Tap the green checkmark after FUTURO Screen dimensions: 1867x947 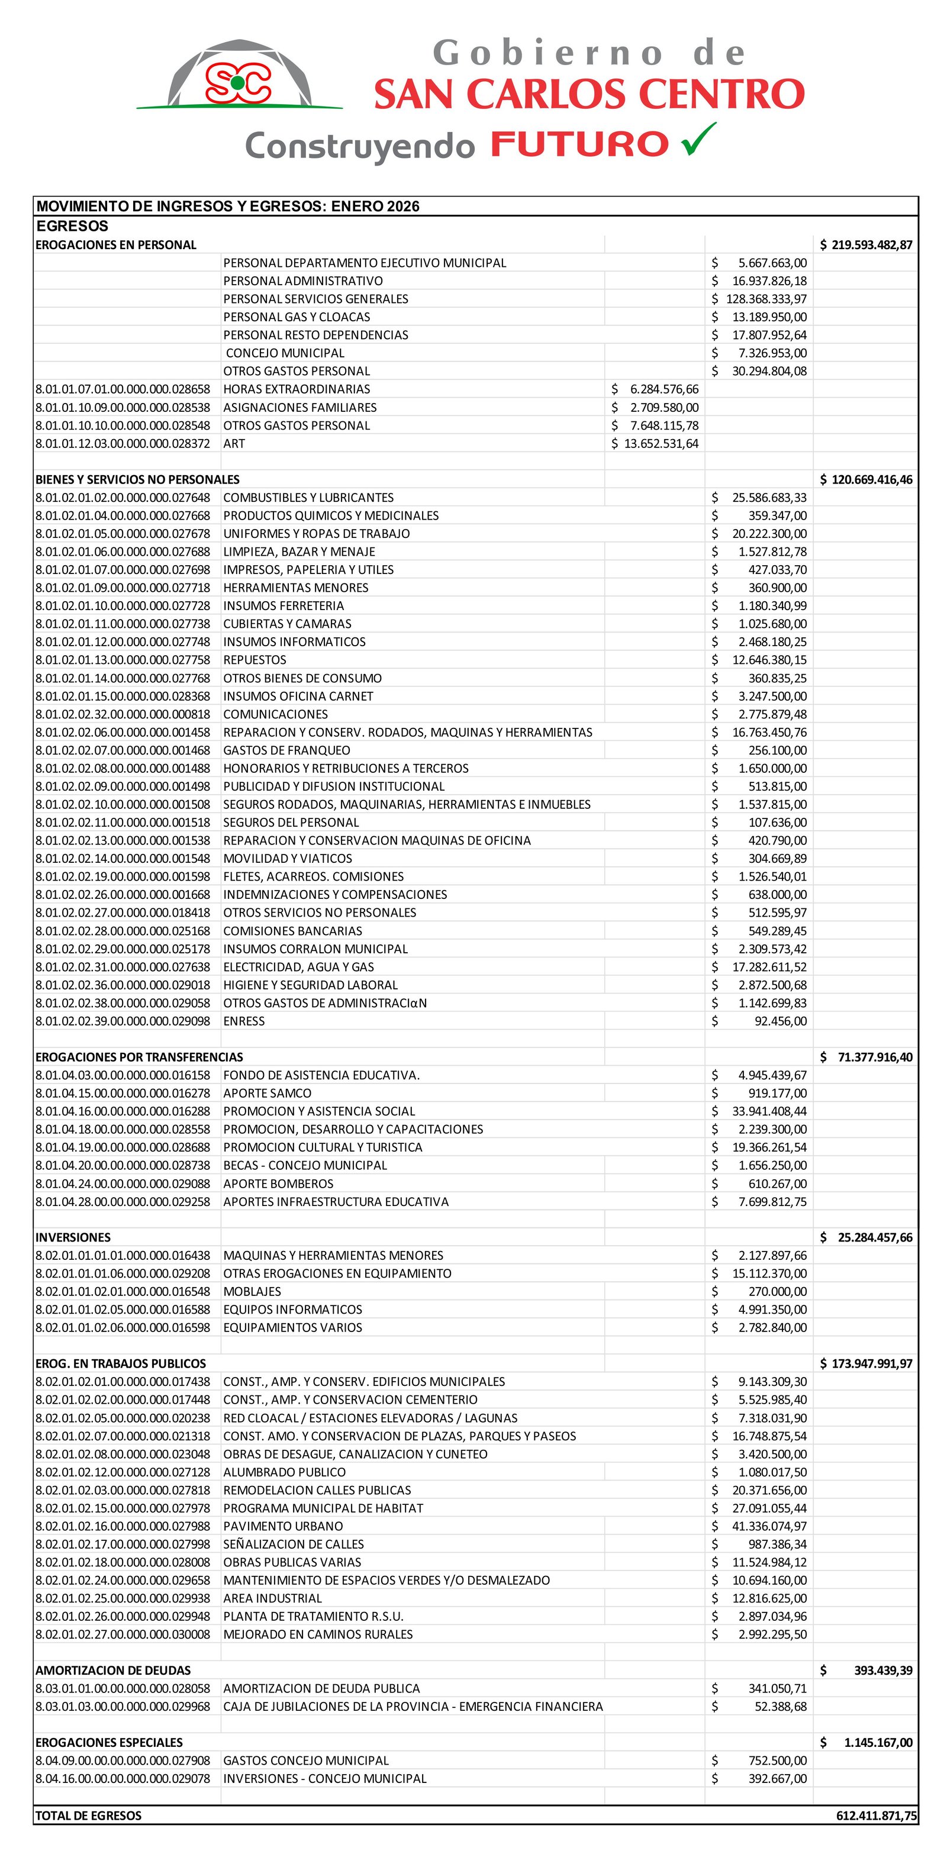click(698, 139)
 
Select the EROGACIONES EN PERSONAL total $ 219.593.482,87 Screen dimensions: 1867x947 click(866, 245)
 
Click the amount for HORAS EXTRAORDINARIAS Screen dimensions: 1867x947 click(656, 389)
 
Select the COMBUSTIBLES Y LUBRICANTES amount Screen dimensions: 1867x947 click(760, 497)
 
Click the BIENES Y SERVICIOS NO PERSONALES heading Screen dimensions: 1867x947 click(137, 479)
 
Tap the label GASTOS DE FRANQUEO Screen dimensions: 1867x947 click(286, 750)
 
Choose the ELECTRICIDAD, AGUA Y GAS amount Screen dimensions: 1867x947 click(760, 967)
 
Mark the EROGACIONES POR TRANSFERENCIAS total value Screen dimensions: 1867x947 click(866, 1057)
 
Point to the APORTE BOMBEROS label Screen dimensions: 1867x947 click(278, 1184)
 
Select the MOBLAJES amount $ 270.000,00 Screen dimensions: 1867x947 click(760, 1292)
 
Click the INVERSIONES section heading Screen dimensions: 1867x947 click(73, 1237)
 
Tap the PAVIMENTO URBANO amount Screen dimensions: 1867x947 click(760, 1526)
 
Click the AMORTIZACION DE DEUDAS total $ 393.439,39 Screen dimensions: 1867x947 click(866, 1670)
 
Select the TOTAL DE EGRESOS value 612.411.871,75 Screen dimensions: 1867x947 click(876, 1816)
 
